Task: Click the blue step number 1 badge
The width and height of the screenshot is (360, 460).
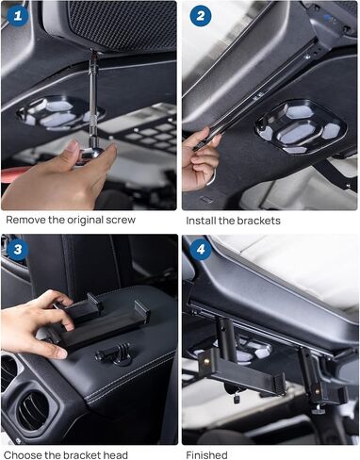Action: click(18, 16)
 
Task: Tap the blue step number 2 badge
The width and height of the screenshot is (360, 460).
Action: click(201, 16)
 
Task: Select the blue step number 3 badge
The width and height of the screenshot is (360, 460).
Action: click(18, 249)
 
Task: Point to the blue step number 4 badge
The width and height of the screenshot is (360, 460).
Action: click(201, 249)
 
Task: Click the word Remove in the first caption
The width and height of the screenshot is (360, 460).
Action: click(26, 220)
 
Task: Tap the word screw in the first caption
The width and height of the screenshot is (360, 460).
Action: click(121, 220)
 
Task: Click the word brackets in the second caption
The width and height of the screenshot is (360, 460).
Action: click(258, 221)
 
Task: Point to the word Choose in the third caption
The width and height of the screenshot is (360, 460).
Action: click(23, 454)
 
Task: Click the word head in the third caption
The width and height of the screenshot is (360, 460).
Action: click(116, 454)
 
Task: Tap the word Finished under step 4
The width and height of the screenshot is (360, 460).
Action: click(206, 454)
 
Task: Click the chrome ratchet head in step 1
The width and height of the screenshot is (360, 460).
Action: click(93, 153)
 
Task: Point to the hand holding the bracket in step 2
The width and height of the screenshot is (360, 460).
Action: click(199, 160)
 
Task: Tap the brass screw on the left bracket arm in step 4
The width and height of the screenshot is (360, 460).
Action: click(207, 362)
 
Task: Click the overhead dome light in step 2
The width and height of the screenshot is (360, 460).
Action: click(301, 127)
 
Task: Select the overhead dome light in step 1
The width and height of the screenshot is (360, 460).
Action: click(59, 113)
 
